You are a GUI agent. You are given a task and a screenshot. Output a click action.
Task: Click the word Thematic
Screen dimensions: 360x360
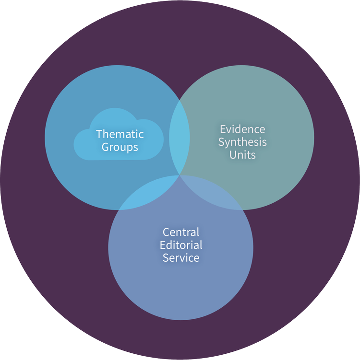click(x=120, y=134)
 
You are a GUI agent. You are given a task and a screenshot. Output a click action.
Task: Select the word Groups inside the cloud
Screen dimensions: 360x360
click(x=120, y=147)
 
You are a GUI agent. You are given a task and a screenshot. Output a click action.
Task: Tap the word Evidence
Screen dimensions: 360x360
click(x=242, y=129)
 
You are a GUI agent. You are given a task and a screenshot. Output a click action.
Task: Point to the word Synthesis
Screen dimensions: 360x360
click(x=242, y=142)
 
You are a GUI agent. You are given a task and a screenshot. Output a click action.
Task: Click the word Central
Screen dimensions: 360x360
click(x=180, y=232)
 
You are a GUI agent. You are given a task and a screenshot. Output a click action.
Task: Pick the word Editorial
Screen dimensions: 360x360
click(x=180, y=245)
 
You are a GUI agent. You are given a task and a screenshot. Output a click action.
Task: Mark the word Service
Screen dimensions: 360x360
click(x=180, y=258)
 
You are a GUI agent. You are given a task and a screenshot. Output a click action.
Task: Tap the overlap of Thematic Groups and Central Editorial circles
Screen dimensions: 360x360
click(x=144, y=197)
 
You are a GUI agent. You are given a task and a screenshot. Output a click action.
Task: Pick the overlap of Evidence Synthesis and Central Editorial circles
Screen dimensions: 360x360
click(x=216, y=197)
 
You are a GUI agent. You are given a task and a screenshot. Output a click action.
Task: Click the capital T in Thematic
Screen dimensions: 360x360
click(x=98, y=134)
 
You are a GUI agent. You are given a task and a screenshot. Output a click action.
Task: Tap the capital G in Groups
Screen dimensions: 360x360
click(x=105, y=147)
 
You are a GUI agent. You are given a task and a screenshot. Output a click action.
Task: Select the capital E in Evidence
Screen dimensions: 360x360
click(x=222, y=129)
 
